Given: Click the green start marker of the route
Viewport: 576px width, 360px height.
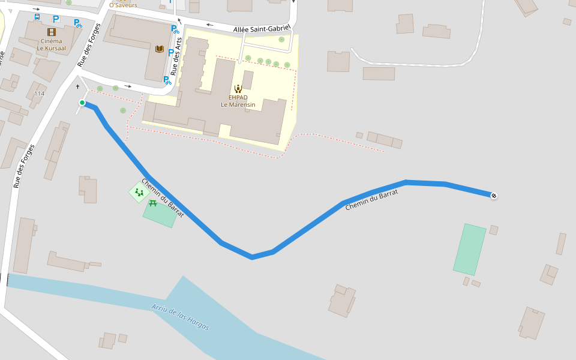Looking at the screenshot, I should tap(82, 103).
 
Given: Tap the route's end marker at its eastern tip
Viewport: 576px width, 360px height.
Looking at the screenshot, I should tap(494, 196).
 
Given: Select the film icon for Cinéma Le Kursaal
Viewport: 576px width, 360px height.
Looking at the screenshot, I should tap(52, 32).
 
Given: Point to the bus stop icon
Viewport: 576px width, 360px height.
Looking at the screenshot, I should tap(37, 17).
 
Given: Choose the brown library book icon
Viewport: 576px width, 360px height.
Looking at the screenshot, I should tap(159, 49).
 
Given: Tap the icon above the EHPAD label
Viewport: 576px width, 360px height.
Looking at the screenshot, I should tap(238, 89).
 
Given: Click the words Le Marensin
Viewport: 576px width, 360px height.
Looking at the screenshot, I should tap(238, 105).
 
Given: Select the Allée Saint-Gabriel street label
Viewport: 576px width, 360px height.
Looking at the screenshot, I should tap(262, 28).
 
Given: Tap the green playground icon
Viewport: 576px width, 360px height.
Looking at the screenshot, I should tap(139, 193).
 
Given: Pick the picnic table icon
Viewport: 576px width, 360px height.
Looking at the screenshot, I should tap(152, 204).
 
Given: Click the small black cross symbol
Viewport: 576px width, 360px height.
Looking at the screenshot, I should tap(78, 87).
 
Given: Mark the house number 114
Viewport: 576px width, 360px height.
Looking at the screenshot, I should tap(40, 94).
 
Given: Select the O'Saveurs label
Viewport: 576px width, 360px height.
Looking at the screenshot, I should tap(123, 5).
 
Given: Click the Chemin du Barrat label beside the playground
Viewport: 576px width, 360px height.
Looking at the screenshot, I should tap(162, 198).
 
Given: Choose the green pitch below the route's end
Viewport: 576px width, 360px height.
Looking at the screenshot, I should tap(469, 249).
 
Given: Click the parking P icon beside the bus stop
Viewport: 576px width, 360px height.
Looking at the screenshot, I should tap(56, 19).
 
